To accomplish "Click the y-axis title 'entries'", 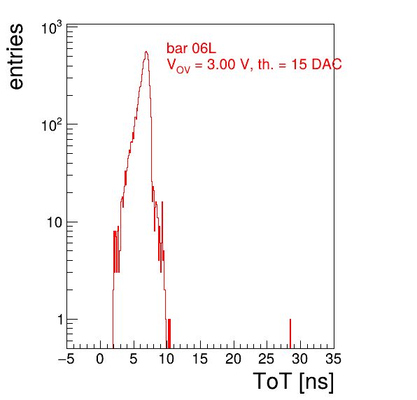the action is pyautogui.click(x=17, y=57).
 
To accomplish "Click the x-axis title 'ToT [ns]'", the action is pyautogui.click(x=293, y=381).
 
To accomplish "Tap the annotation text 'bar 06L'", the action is pyautogui.click(x=191, y=48).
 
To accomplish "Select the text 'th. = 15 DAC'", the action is pyautogui.click(x=299, y=64).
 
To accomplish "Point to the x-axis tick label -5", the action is pyautogui.click(x=66, y=359).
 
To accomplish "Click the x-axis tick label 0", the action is pyautogui.click(x=100, y=359).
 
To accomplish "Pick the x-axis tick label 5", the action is pyautogui.click(x=134, y=359).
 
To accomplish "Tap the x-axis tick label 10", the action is pyautogui.click(x=167, y=359).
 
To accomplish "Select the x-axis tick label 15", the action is pyautogui.click(x=200, y=359).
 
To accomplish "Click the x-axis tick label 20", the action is pyautogui.click(x=233, y=359).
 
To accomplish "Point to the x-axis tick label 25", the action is pyautogui.click(x=267, y=359).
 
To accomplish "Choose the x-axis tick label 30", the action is pyautogui.click(x=300, y=359).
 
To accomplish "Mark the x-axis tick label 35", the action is pyautogui.click(x=334, y=359).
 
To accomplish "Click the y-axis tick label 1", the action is pyautogui.click(x=60, y=320).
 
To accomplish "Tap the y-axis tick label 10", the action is pyautogui.click(x=55, y=222).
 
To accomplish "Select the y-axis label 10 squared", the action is pyautogui.click(x=52, y=125).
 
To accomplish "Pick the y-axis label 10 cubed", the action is pyautogui.click(x=52, y=28).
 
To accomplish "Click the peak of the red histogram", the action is pyautogui.click(x=146, y=52).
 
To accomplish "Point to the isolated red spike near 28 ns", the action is pyautogui.click(x=290, y=334).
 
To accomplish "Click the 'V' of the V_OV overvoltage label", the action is pyautogui.click(x=171, y=64).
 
